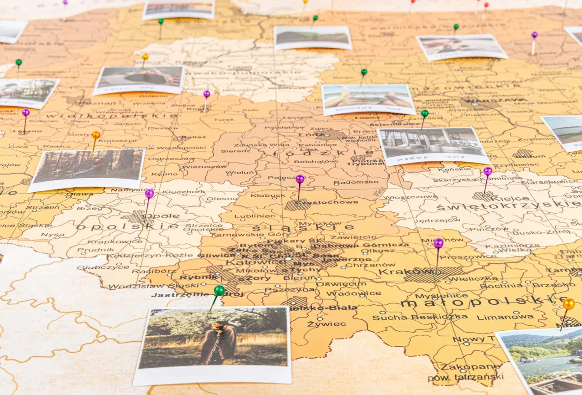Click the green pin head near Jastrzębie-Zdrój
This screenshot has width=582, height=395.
pyautogui.click(x=219, y=290)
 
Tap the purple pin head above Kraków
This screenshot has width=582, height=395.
pyautogui.click(x=438, y=243)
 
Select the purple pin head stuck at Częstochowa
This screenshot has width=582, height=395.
pyautogui.click(x=300, y=179)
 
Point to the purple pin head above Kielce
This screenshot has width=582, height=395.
pyautogui.click(x=487, y=171)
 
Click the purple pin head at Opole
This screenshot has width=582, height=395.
pyautogui.click(x=149, y=194)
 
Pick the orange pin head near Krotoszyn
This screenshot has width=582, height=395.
pyautogui.click(x=96, y=135)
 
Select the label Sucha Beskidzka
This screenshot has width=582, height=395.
pyautogui.click(x=420, y=317)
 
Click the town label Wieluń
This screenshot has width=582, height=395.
pyautogui.click(x=240, y=173)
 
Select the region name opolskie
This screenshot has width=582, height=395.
pyautogui.click(x=127, y=226)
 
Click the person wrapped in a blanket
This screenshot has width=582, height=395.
pyautogui.click(x=219, y=343)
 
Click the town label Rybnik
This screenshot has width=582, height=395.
pyautogui.click(x=192, y=277)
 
